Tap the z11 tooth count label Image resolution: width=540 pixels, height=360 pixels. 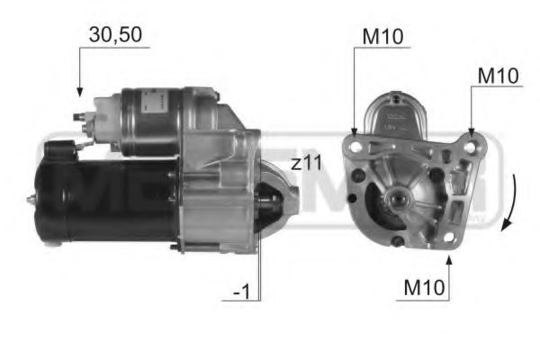[306, 163]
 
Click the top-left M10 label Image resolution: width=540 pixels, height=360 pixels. [383, 37]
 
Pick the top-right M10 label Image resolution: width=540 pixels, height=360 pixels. [498, 76]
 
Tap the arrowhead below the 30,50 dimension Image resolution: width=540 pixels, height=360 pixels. [79, 92]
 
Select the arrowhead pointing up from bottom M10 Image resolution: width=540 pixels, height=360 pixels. [450, 259]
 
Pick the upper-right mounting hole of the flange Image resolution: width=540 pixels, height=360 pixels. [471, 137]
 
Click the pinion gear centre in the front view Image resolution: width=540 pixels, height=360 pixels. [396, 195]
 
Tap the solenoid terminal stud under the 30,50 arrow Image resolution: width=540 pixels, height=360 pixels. [80, 115]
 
